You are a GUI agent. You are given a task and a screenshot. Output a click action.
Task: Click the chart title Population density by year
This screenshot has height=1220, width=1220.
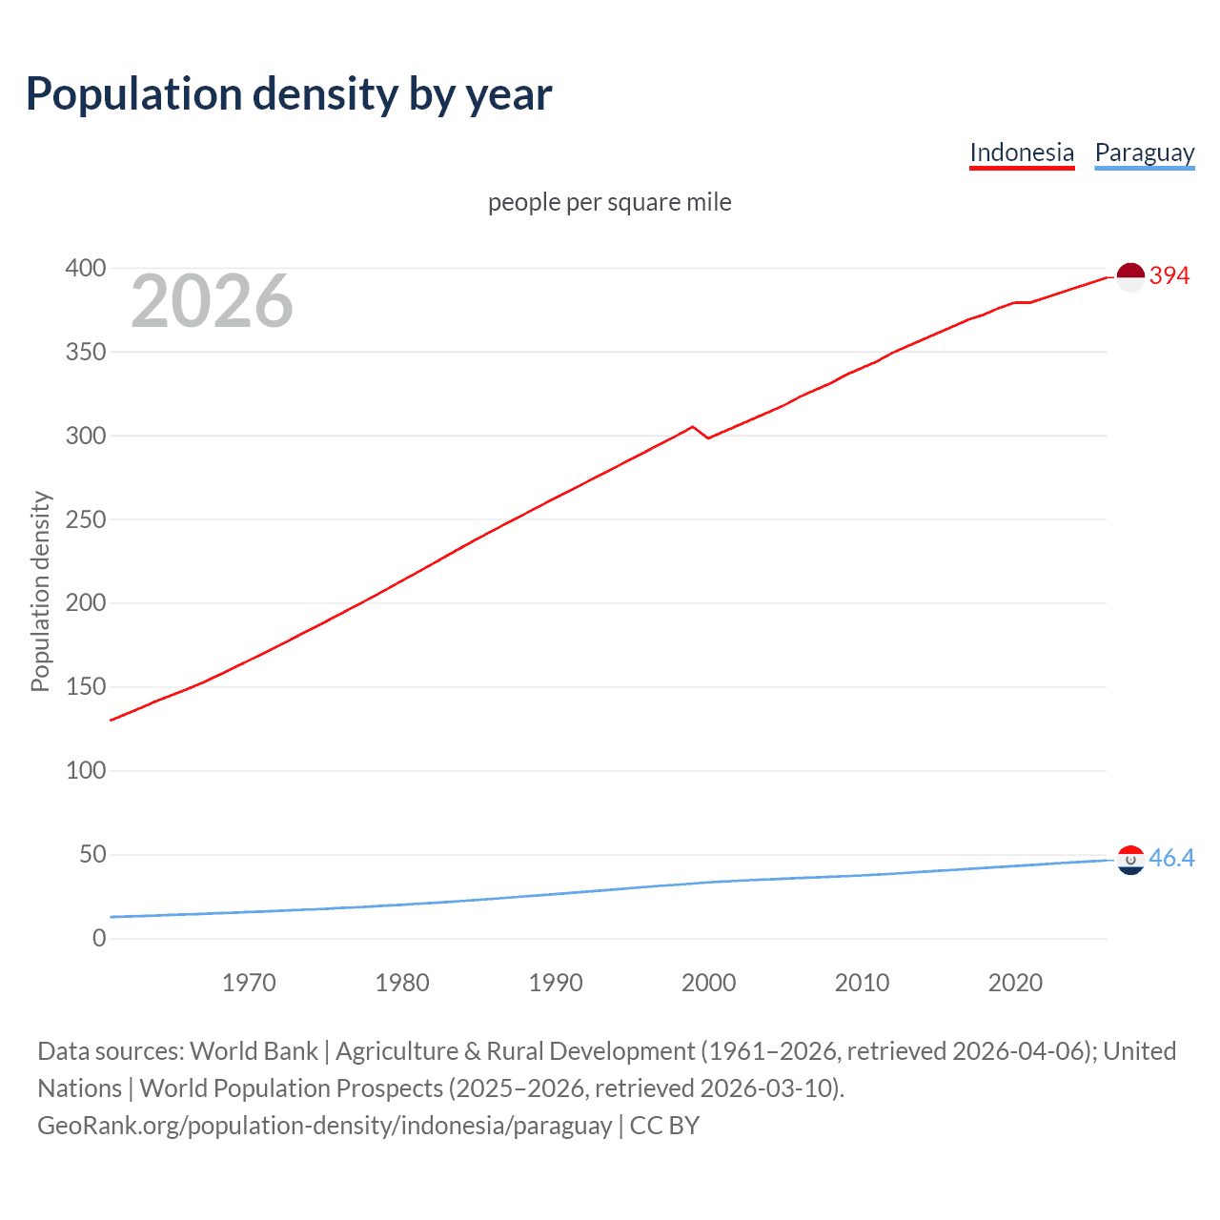point(289,94)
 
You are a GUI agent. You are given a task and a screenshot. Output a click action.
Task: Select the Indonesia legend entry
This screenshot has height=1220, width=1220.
point(1021,152)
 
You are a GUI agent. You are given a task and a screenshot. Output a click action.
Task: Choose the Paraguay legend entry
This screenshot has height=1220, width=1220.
point(1144,152)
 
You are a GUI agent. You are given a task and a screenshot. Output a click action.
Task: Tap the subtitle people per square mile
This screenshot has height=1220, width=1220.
point(609,202)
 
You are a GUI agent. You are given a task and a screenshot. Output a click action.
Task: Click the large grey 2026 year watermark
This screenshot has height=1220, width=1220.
point(212,301)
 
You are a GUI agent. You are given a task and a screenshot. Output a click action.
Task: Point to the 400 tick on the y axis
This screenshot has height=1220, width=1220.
point(86,269)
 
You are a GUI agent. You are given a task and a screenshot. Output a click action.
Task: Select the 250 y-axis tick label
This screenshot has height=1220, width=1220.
point(86,519)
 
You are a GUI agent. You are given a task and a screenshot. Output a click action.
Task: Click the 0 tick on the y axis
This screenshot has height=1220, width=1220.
point(99,938)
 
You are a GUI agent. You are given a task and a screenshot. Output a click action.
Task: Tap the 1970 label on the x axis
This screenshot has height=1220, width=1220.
point(249,983)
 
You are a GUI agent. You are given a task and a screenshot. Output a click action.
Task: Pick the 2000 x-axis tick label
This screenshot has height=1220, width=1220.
point(708,983)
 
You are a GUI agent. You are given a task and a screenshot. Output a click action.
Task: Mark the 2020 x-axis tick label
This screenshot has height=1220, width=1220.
point(1015,983)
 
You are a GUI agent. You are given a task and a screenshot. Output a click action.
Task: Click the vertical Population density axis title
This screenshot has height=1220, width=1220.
point(40,591)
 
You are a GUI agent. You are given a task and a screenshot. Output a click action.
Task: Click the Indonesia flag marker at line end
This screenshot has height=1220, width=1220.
point(1129,276)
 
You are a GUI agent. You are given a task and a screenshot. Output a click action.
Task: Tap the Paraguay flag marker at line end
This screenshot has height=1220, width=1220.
point(1129,860)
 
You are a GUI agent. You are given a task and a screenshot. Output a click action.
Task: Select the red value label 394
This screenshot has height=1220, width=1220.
point(1169,276)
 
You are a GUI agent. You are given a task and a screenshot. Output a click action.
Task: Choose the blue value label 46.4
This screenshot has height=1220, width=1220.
point(1171,859)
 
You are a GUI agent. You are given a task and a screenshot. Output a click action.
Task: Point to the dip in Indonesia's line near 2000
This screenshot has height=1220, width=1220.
point(707,437)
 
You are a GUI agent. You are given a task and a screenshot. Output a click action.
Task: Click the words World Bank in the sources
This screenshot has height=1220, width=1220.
point(254,1051)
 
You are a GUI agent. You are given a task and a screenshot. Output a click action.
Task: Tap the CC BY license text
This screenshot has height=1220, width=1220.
point(664,1126)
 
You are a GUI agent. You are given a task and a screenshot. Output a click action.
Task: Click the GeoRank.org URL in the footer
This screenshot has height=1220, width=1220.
point(324,1126)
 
